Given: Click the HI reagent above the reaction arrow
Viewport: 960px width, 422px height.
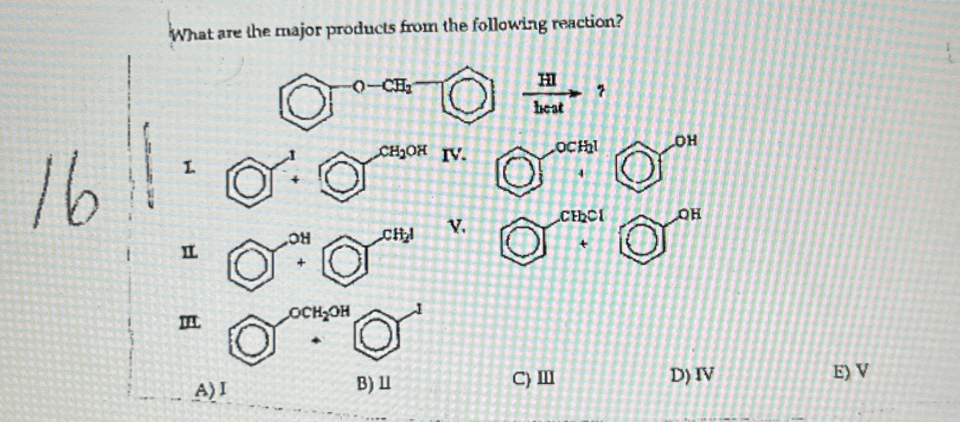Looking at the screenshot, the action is pos(547,82).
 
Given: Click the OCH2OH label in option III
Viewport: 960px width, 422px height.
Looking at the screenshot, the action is pos(319,311).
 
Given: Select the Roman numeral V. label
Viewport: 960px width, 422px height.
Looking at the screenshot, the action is pos(457,227).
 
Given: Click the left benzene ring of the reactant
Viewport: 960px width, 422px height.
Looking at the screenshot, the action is pos(306,103).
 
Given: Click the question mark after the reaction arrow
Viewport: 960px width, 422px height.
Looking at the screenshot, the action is pos(599,92).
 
